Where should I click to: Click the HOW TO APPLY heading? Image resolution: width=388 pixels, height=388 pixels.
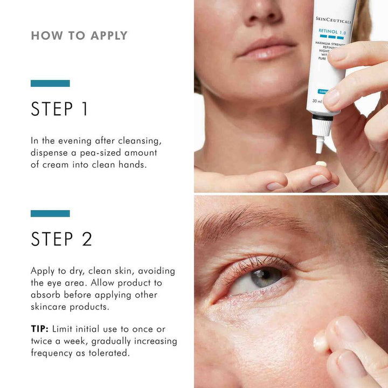(79, 36)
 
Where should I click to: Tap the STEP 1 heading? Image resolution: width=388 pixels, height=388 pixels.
(59, 109)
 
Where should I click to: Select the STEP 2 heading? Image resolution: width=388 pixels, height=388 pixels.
(61, 239)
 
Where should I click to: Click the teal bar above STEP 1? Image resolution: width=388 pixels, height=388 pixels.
(50, 84)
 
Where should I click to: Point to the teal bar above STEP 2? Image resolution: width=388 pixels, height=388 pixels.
(50, 213)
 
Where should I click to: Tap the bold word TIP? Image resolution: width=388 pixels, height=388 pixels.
(40, 329)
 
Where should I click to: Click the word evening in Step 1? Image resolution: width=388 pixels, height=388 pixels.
(72, 141)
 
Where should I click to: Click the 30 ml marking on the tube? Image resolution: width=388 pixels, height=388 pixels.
(317, 101)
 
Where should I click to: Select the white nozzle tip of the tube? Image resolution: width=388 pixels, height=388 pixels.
(320, 144)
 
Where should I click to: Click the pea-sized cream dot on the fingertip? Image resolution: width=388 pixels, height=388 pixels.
(321, 164)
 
